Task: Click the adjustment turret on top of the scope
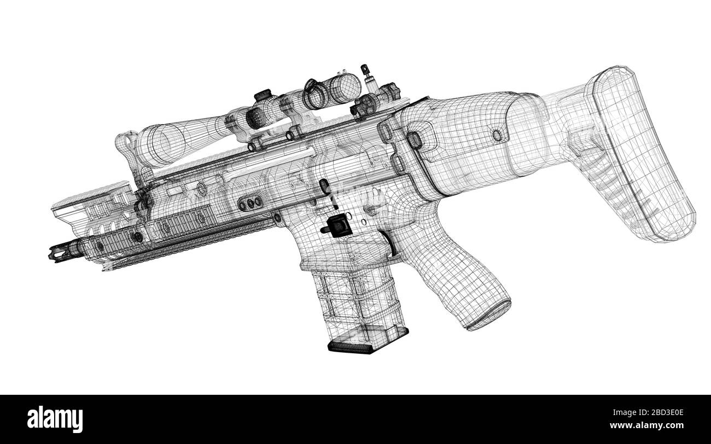click(x=263, y=96)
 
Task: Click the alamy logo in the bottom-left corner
click(x=55, y=419)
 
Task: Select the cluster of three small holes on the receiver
click(x=250, y=203)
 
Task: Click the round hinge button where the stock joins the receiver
click(x=415, y=140)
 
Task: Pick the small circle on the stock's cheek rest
click(x=497, y=135)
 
